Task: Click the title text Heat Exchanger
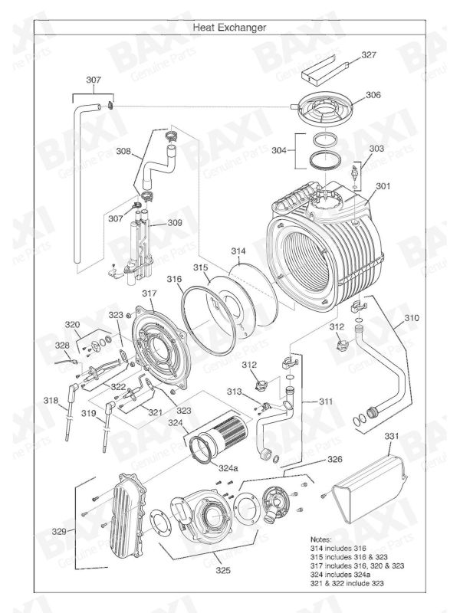click(230, 27)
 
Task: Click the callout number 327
click(369, 55)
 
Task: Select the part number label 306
click(372, 95)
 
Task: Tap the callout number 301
click(383, 185)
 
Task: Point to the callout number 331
click(392, 436)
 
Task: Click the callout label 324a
click(228, 467)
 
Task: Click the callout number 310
click(412, 316)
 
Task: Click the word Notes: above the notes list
click(322, 539)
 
